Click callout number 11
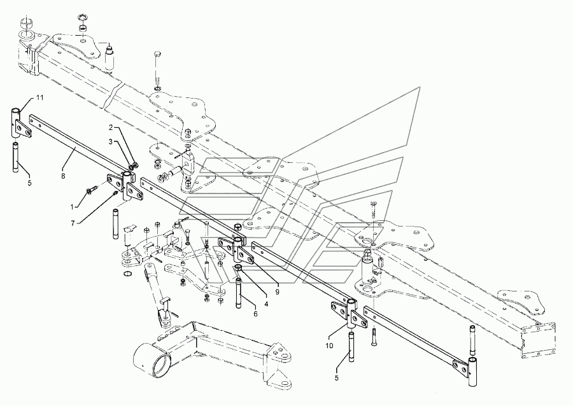[39, 97]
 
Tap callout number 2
[110, 127]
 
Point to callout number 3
[110, 141]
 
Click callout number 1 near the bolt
[73, 207]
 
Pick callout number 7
[73, 223]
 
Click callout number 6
[255, 314]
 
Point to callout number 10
[329, 345]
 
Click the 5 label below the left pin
[29, 183]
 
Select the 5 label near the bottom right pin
[337, 378]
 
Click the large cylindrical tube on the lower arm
[149, 361]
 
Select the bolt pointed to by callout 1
[92, 189]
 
